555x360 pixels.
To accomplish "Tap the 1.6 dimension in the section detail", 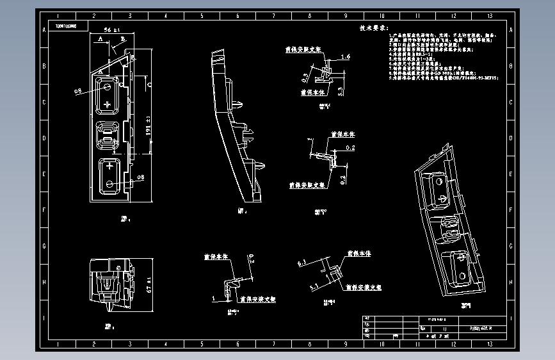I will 346,57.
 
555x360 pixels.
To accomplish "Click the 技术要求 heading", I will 374,29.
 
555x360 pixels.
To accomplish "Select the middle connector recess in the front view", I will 107,136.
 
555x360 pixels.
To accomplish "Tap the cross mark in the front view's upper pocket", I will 107,104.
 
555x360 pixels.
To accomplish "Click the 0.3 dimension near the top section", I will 305,78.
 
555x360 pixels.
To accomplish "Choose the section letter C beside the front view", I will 148,83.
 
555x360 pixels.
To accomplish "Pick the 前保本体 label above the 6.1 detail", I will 358,254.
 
